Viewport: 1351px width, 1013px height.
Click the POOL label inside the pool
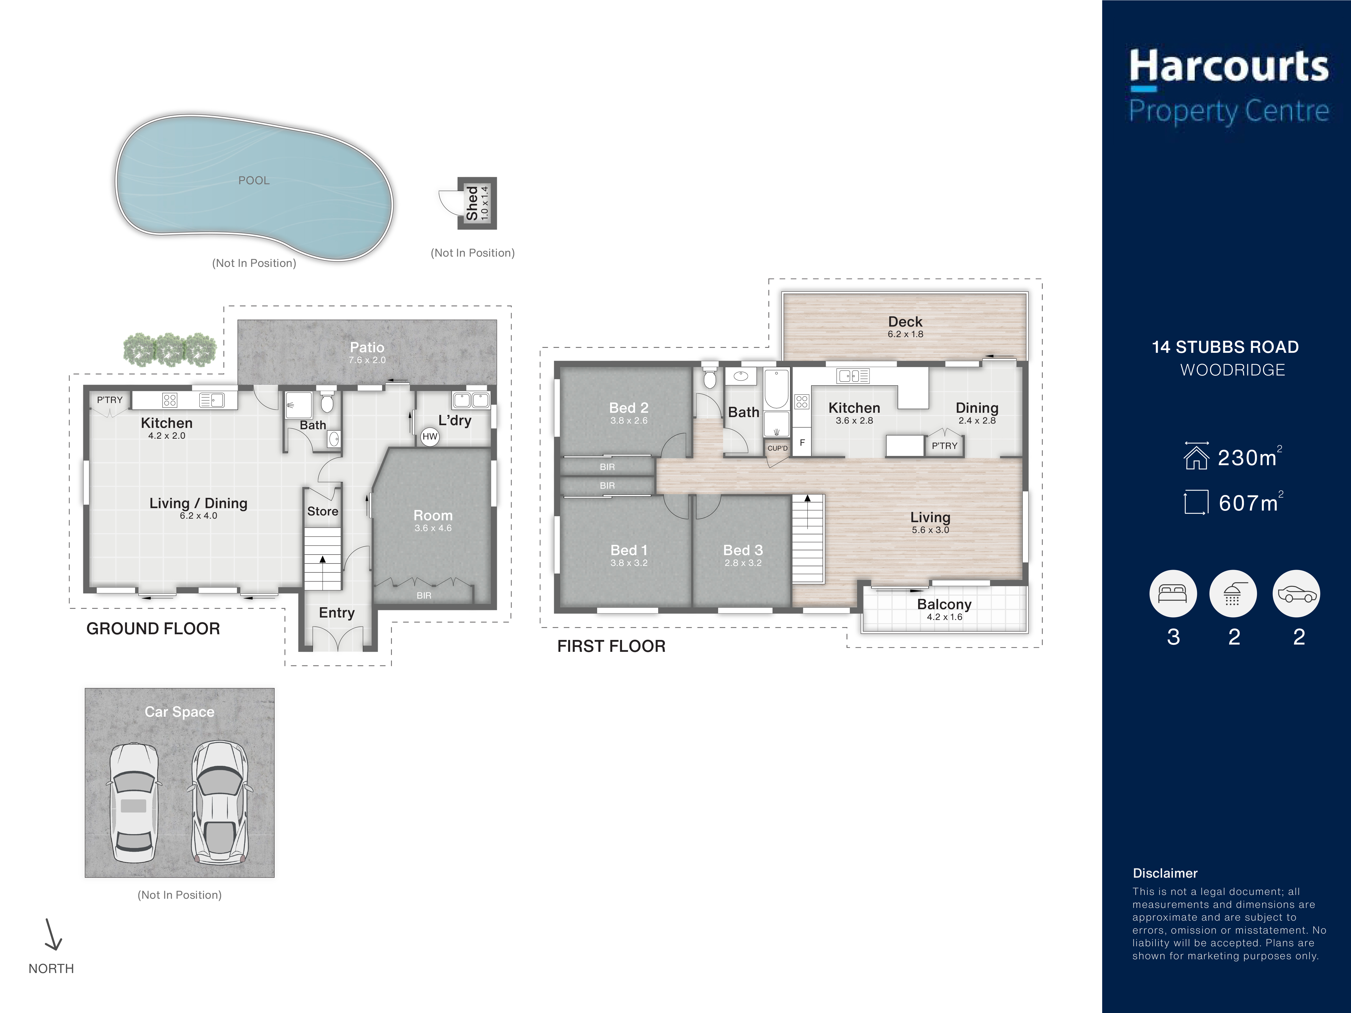tap(253, 180)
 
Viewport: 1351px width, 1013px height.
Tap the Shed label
tap(472, 203)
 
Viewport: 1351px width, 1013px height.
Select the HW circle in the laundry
tap(430, 436)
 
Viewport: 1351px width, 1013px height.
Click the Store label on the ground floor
tap(322, 511)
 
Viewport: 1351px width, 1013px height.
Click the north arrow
tap(52, 934)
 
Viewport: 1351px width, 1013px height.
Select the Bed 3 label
tap(743, 550)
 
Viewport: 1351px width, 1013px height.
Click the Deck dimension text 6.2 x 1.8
tap(905, 334)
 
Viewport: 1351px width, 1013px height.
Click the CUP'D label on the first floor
tap(777, 448)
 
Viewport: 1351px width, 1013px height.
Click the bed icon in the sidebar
tap(1173, 593)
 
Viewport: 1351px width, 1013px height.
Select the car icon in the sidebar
tap(1296, 593)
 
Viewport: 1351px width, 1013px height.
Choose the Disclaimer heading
tap(1165, 873)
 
